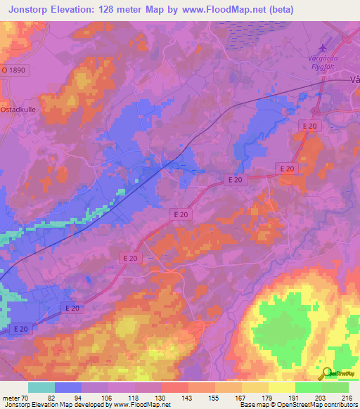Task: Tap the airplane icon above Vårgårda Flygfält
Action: pyautogui.click(x=323, y=48)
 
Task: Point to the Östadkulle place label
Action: pyautogui.click(x=17, y=110)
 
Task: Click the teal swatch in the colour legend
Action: pyautogui.click(x=41, y=387)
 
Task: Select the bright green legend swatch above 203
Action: pyautogui.click(x=309, y=387)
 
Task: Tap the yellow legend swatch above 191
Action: pyautogui.click(x=282, y=387)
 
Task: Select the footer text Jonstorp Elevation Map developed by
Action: pyautogui.click(x=49, y=405)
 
